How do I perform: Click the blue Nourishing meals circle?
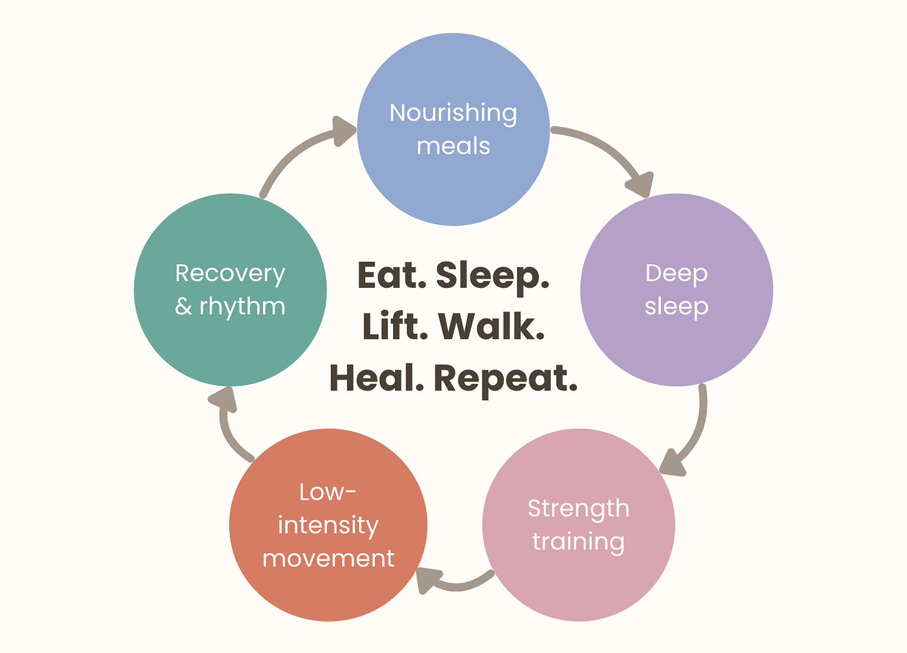(453, 181)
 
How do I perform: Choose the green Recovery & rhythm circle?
(230, 349)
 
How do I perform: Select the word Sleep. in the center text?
(492, 275)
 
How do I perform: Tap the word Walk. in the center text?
(491, 326)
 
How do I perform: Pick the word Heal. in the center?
(376, 378)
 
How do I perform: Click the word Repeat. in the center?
(505, 378)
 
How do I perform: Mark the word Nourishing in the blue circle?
(453, 113)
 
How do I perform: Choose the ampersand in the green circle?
(183, 307)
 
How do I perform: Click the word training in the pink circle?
(579, 541)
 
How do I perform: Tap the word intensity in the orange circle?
(328, 525)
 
